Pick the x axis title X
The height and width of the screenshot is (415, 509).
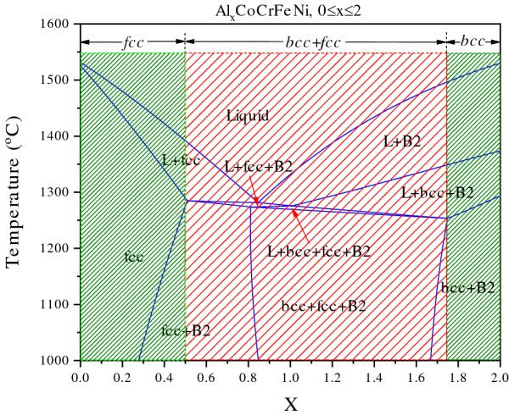click(x=290, y=402)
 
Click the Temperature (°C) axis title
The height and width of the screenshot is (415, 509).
click(x=16, y=192)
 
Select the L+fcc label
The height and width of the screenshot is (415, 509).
click(x=181, y=160)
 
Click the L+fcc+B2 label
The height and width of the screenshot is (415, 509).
click(x=259, y=167)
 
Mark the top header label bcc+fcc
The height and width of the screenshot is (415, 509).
click(x=315, y=40)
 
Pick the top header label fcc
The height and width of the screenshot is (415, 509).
click(x=132, y=40)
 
